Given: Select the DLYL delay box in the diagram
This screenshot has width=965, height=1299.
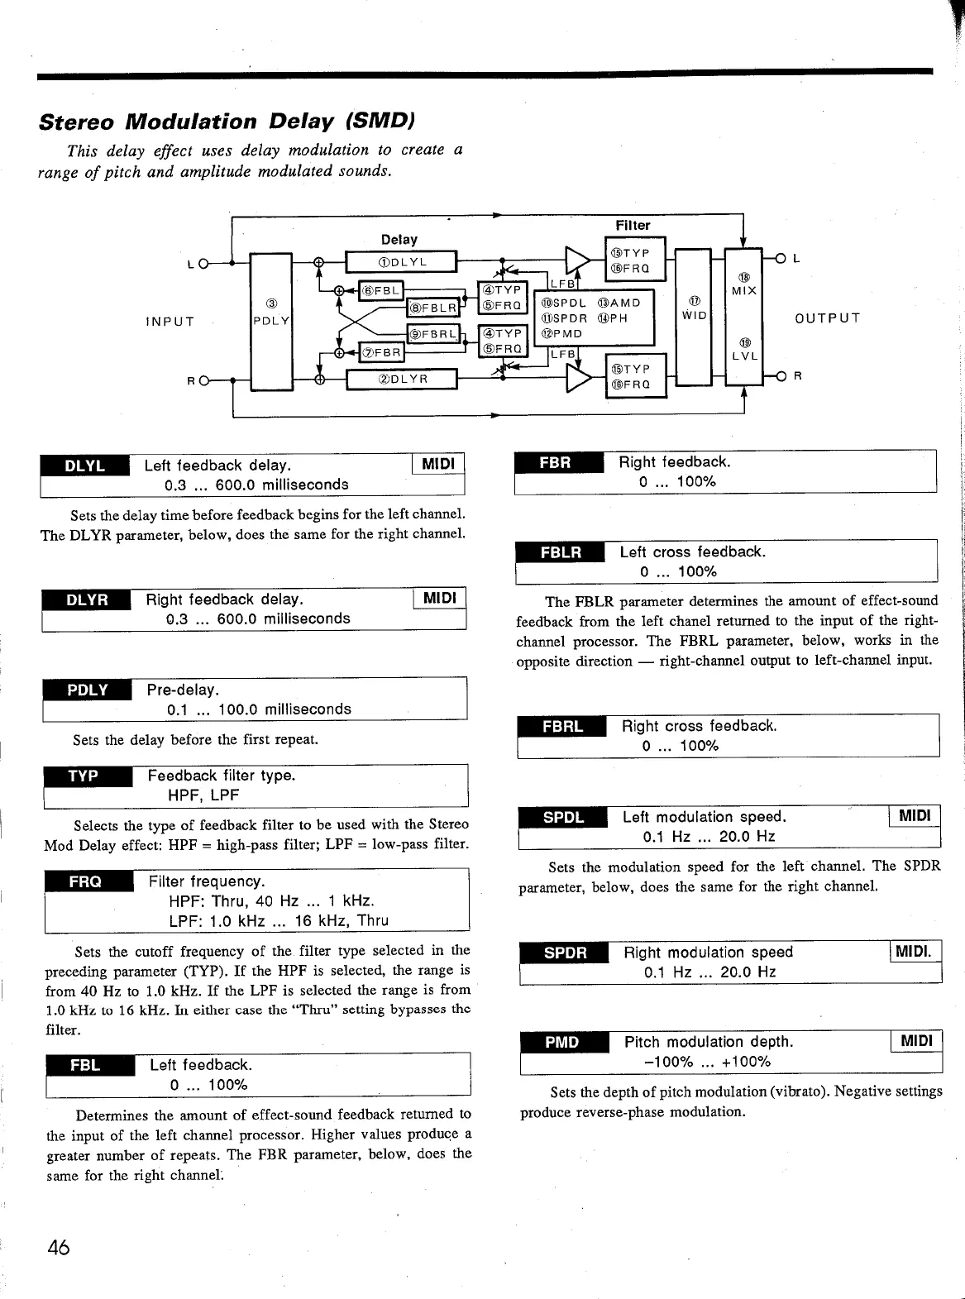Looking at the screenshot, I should coord(401,262).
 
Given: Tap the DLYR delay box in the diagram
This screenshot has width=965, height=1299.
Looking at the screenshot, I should coord(401,380).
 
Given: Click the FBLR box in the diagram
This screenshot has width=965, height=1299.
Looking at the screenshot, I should coord(432,308).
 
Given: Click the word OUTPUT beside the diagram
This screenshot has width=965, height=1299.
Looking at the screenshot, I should coord(827,318).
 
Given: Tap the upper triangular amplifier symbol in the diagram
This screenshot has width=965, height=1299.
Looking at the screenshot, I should coord(577,260).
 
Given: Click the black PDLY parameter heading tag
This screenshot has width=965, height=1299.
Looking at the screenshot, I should coord(88,690).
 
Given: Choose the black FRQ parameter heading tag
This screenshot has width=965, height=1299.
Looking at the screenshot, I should coord(86,882).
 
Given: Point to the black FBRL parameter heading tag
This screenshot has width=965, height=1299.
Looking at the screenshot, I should coord(562,727).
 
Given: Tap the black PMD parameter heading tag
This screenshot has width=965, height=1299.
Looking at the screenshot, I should coord(562,1043).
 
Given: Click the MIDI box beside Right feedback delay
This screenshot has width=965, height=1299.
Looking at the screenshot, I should coord(438,598).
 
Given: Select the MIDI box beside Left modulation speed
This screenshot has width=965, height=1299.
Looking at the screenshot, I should coord(914,816).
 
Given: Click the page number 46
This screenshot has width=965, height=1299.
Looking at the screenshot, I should coord(58,1248).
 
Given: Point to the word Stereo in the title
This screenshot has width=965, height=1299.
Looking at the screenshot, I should coord(78,122).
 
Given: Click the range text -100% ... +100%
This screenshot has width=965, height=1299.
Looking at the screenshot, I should coord(707,1062).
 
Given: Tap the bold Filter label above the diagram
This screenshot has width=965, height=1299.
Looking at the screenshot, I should coord(633,225).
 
